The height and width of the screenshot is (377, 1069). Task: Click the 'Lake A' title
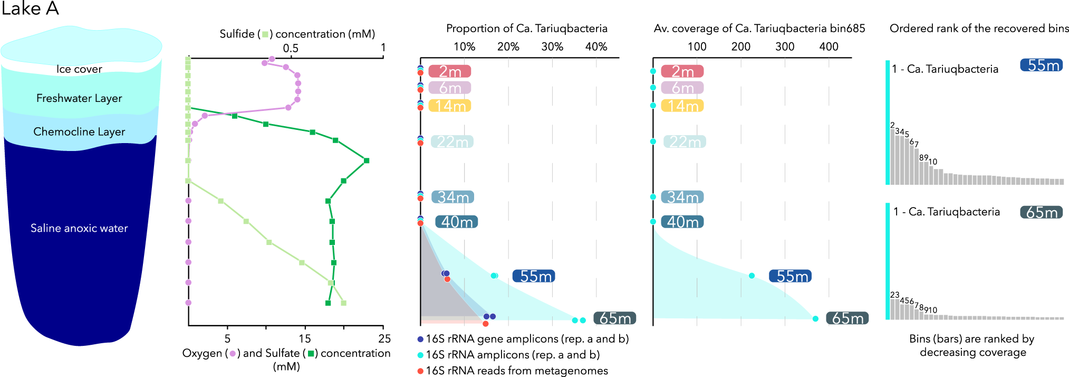(30, 9)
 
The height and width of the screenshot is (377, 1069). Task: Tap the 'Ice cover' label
(79, 69)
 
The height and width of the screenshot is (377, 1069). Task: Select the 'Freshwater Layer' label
(79, 98)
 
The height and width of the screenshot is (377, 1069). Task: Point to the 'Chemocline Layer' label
(79, 131)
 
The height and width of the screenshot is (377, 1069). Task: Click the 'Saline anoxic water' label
(79, 228)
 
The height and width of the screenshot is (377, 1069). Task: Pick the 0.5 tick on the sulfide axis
(291, 48)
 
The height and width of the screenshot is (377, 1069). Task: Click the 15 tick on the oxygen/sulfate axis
(305, 338)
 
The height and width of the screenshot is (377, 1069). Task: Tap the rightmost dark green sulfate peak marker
(367, 161)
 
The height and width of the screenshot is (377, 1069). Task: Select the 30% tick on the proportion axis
(552, 46)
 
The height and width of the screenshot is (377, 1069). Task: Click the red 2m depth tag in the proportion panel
(450, 71)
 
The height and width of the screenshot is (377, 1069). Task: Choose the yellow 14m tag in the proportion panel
(450, 106)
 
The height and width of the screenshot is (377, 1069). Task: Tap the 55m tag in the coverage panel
(790, 276)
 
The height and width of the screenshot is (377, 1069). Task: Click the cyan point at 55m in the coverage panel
(752, 276)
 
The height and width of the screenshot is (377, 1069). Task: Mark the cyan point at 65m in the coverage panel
(815, 318)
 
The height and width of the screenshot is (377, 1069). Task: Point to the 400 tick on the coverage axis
(829, 46)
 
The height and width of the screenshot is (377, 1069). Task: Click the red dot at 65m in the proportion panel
(485, 324)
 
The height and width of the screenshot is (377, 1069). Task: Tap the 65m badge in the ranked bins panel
(1042, 212)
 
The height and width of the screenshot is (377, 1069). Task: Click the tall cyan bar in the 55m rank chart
(888, 122)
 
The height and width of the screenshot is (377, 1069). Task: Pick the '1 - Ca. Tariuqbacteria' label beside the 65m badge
(947, 212)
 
